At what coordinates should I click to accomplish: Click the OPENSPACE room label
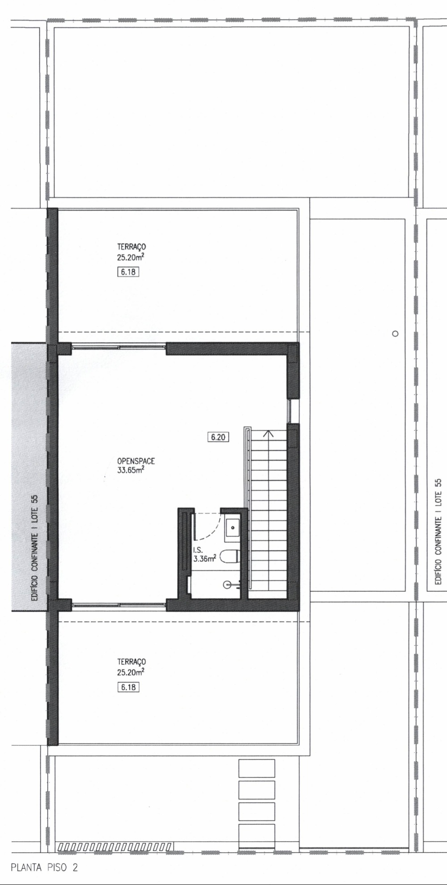pyautogui.click(x=136, y=461)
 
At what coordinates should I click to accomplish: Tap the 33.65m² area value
pyautogui.click(x=131, y=470)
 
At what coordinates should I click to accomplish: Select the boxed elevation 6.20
pyautogui.click(x=218, y=437)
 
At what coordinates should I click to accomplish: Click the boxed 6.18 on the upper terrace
pyautogui.click(x=128, y=272)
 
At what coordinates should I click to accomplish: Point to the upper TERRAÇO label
pyautogui.click(x=132, y=246)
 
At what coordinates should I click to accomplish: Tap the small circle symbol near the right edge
pyautogui.click(x=395, y=333)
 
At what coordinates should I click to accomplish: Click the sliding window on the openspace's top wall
pyautogui.click(x=119, y=346)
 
